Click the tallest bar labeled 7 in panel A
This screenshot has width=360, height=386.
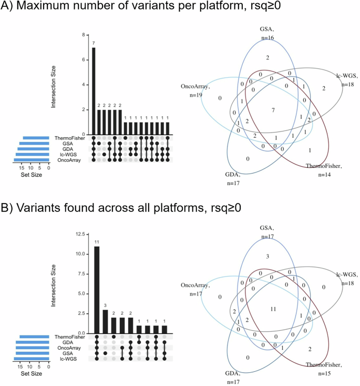pyautogui.click(x=94, y=91)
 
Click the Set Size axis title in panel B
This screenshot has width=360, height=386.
pyautogui.click(x=31, y=374)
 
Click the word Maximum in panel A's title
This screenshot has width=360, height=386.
pyautogui.click(x=44, y=9)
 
